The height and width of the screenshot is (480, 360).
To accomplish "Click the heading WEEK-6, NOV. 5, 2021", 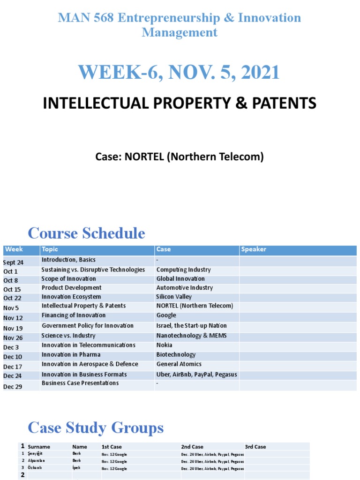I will point(179,72).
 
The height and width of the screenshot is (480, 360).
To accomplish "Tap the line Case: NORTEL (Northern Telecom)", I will point(180,157).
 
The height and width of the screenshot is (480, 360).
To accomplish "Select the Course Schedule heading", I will point(86,233).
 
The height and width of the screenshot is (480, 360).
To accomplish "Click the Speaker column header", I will point(254,249).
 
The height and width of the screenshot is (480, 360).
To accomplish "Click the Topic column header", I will point(50,249).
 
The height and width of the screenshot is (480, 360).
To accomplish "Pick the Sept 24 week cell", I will point(13,262).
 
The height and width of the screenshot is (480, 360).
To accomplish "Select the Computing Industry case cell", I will point(183,270).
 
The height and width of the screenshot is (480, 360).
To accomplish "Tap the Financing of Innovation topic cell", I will point(74,315).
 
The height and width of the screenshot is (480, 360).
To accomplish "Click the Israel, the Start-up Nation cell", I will point(191,326).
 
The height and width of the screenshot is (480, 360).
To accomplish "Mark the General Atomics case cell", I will point(179,364).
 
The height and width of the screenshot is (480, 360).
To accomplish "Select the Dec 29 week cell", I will point(13,387).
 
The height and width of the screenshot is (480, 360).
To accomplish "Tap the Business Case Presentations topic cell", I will point(80,383).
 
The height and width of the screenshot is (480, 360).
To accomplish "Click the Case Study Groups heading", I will point(96,427).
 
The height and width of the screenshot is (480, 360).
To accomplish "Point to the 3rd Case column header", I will point(255,447).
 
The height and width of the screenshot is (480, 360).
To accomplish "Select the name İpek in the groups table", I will point(76,468).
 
